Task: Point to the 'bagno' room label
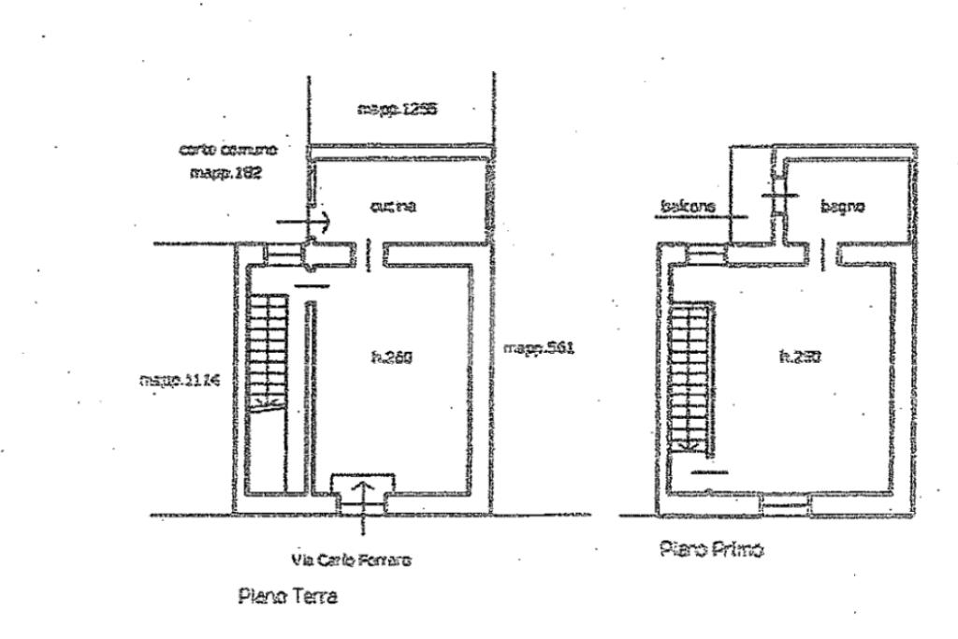(x=841, y=207)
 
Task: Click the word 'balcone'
(x=688, y=206)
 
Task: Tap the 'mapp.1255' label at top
(x=398, y=109)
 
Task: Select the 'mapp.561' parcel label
(x=538, y=348)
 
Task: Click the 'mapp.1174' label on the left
(x=179, y=380)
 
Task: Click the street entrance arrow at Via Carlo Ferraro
(x=363, y=493)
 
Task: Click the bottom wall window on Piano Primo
(x=785, y=505)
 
